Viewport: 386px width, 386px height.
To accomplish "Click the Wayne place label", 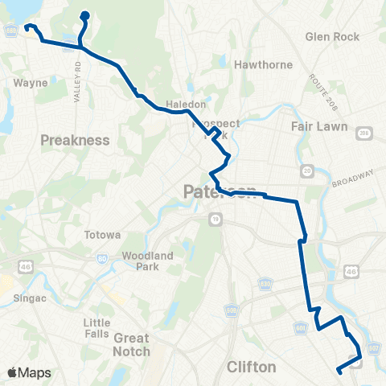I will coord(29,82).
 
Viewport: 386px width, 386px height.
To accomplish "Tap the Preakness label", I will coord(75,140).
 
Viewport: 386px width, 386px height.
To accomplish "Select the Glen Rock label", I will coord(332,37).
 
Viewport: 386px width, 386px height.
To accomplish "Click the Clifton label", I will coord(252,367).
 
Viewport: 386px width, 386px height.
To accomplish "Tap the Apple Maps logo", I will coord(29,372).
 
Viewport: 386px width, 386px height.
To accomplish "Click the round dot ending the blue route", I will coord(85,14).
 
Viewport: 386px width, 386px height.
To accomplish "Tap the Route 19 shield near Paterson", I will coord(216,219).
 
